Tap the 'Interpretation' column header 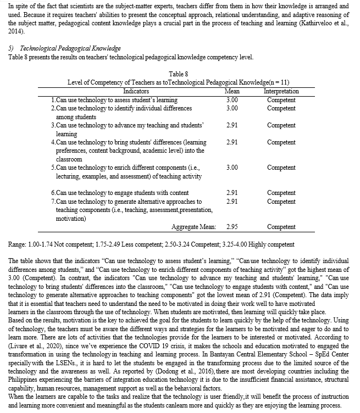pyautogui.click(x=281, y=91)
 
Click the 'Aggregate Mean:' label pyautogui.click(x=193, y=227)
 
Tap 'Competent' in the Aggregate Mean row pyautogui.click(x=281, y=227)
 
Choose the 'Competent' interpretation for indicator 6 pyautogui.click(x=281, y=193)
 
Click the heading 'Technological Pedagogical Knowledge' pyautogui.click(x=69, y=49)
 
